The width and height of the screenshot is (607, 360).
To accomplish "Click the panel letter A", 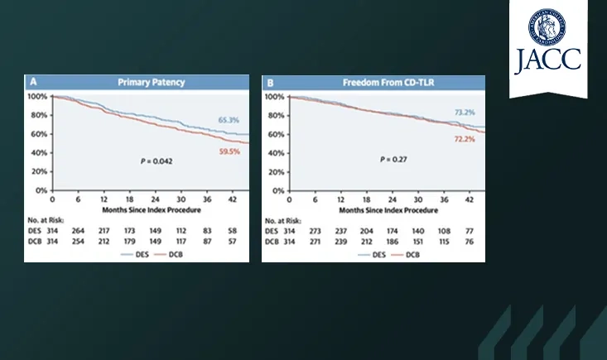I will tap(32, 83).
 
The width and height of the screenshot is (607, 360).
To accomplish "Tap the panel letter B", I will tap(269, 83).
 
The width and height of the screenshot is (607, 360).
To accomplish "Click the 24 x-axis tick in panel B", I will tap(393, 200).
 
